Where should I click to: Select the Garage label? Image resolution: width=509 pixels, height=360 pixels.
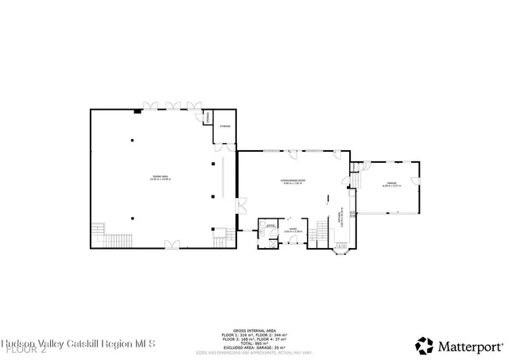click(x=391, y=184)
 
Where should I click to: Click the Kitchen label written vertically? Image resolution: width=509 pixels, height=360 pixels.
click(x=342, y=218)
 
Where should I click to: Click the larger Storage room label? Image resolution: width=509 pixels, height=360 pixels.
click(x=224, y=126)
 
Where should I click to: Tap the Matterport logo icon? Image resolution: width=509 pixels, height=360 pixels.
click(x=423, y=346)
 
